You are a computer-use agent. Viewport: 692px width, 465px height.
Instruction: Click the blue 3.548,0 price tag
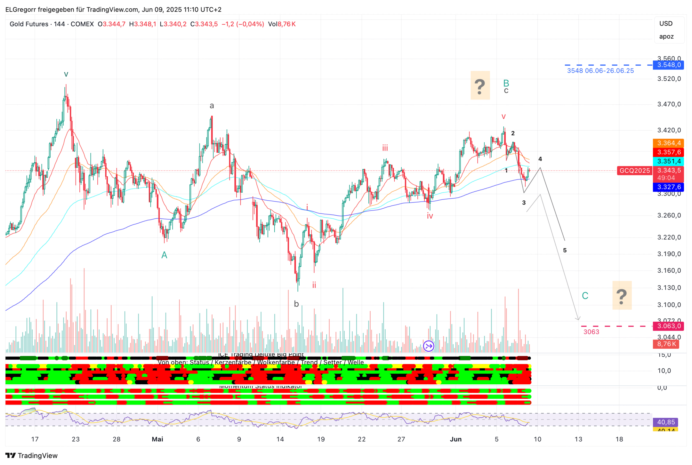point(668,65)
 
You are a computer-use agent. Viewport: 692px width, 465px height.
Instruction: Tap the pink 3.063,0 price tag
point(668,326)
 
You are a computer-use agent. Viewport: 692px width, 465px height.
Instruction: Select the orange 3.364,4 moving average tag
point(668,143)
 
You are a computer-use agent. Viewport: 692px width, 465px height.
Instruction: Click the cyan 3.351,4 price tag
point(668,161)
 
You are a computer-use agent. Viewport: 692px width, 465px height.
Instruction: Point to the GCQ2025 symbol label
point(635,170)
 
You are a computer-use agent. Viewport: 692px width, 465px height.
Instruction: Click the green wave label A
point(164,255)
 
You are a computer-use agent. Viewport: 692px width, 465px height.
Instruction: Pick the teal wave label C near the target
point(585,296)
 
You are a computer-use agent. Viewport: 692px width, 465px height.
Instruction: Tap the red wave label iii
point(385,148)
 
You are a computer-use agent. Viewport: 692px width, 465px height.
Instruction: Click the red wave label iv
point(430,216)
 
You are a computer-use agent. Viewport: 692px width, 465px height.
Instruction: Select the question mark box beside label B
point(480,85)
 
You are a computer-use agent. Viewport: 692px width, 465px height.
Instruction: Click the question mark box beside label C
point(622,296)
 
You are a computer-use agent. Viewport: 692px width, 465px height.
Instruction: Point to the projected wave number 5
point(565,251)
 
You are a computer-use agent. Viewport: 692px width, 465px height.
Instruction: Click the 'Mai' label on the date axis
point(157,439)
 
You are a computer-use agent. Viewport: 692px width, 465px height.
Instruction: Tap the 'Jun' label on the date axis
point(456,439)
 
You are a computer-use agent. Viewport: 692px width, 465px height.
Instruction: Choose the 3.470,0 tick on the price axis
point(669,104)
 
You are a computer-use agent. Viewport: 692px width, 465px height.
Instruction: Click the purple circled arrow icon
point(429,346)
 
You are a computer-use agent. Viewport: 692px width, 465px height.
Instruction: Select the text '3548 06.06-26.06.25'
point(600,71)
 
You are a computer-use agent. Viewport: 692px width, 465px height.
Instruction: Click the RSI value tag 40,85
point(666,422)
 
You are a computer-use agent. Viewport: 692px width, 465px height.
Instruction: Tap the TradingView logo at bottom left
point(31,456)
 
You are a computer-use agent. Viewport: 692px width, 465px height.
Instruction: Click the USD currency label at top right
point(666,24)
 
